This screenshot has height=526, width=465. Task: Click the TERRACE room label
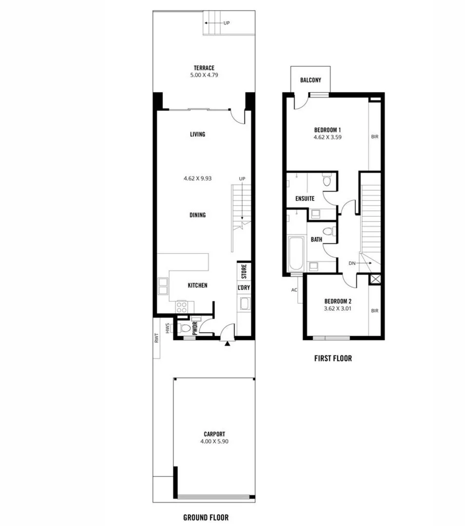click(x=204, y=68)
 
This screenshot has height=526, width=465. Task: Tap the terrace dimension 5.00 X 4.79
click(x=204, y=76)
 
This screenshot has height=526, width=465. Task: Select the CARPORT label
click(x=214, y=434)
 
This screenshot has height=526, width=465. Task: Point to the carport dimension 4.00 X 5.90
click(x=214, y=442)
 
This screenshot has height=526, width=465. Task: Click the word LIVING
click(x=197, y=134)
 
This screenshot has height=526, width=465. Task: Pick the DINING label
click(x=197, y=215)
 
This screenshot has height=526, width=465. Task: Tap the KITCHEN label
click(x=197, y=285)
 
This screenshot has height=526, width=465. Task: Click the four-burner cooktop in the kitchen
click(x=182, y=307)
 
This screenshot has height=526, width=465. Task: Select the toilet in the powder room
click(x=183, y=328)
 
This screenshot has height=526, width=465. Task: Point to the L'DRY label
click(x=244, y=288)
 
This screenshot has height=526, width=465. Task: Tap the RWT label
click(x=157, y=338)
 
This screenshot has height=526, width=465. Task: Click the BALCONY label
click(x=310, y=80)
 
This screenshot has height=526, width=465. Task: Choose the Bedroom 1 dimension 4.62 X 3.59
click(x=327, y=138)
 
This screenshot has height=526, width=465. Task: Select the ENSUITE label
click(x=305, y=199)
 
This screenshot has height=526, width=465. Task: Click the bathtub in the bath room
click(x=296, y=254)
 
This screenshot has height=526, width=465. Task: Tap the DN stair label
click(x=352, y=263)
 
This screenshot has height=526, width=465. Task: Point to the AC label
click(x=294, y=290)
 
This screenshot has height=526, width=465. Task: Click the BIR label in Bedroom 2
click(x=374, y=310)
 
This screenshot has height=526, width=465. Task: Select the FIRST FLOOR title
click(x=333, y=358)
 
